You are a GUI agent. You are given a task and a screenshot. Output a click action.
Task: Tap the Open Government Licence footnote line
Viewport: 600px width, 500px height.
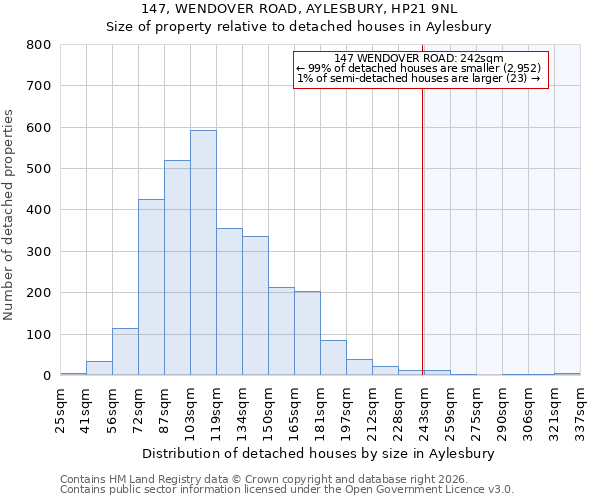click(x=286, y=490)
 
